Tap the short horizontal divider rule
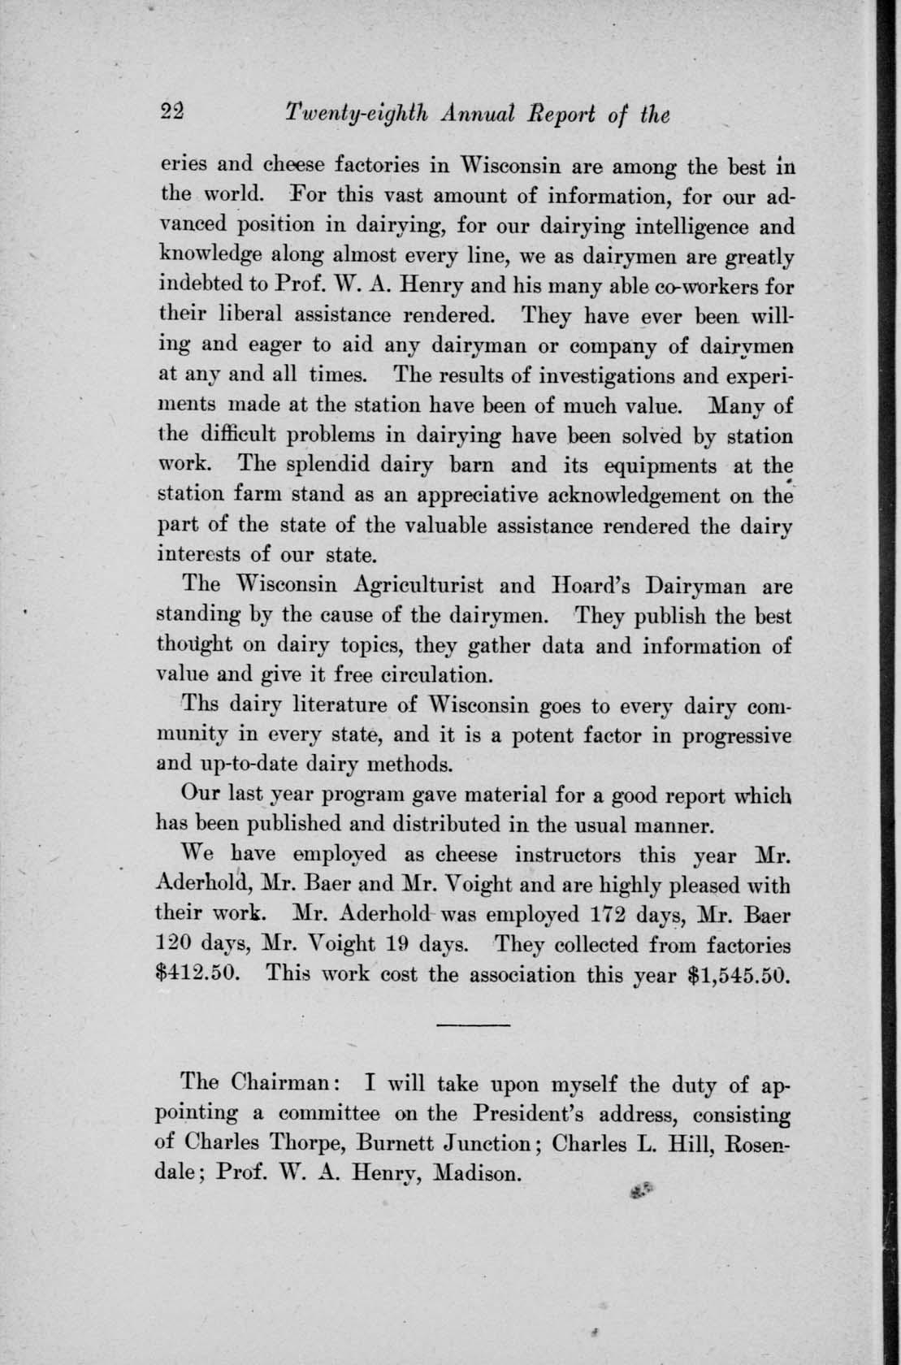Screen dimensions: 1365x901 [473, 1026]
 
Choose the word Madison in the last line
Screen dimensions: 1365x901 [477, 1173]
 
